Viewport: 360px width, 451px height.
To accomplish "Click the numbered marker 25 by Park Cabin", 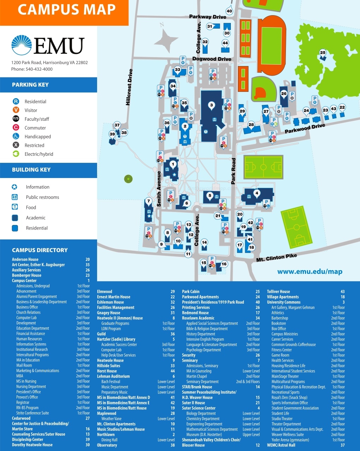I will [x=323, y=53].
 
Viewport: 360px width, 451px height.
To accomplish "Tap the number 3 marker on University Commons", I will [x=211, y=105].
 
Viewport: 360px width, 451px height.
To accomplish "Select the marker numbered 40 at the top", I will [x=229, y=11].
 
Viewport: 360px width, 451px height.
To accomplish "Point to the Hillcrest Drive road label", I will [x=129, y=87].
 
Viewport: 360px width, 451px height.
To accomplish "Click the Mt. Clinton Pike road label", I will [x=276, y=257].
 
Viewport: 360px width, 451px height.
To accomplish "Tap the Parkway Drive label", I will [x=208, y=17].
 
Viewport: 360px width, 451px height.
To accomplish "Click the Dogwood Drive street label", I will [x=212, y=59].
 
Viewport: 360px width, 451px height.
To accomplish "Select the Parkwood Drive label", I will [x=305, y=129].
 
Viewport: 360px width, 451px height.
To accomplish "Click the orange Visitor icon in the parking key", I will [x=16, y=110].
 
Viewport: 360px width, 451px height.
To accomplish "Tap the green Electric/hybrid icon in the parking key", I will [x=16, y=154].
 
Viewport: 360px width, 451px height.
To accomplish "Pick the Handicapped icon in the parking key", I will [x=16, y=136].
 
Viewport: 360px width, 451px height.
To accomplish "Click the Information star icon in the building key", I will [x=14, y=187].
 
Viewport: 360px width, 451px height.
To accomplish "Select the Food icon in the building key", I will [x=14, y=207].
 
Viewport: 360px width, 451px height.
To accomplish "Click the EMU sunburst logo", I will [x=22, y=46].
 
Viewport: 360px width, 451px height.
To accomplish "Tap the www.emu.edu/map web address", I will [x=310, y=272].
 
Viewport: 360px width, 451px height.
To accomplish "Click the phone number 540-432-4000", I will [x=39, y=69].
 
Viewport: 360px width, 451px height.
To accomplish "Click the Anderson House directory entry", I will [x=25, y=259].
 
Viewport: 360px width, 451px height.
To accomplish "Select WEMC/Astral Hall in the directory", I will [x=281, y=445].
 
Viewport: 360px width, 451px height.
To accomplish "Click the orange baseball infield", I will [x=260, y=93].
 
